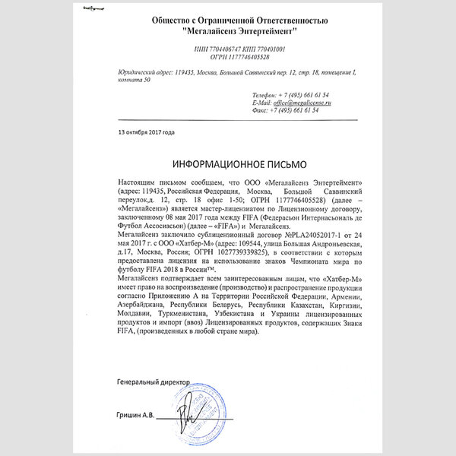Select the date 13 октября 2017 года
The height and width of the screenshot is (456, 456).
[147, 131]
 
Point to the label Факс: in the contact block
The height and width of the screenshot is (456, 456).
[261, 109]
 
